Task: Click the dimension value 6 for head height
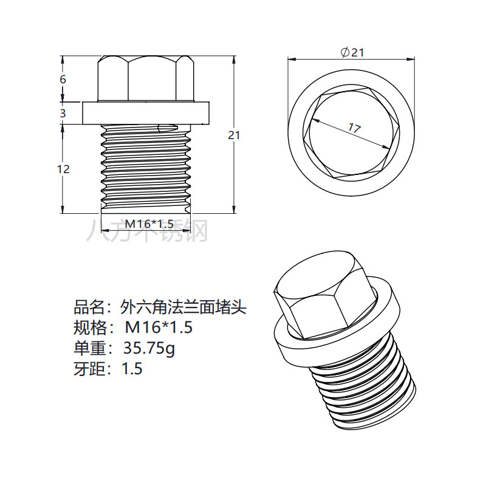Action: pos(63,80)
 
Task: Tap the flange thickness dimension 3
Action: pos(63,114)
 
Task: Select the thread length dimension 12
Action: pos(63,169)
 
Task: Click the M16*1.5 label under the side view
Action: pos(145,224)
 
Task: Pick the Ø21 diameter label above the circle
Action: pos(352,53)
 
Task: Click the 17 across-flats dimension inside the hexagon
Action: pos(354,128)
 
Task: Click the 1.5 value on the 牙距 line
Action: pos(132,369)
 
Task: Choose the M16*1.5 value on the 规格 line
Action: pos(159,328)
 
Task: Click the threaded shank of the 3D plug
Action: pos(371,389)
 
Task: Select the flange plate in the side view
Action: pos(146,113)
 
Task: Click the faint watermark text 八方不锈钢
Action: pos(147,231)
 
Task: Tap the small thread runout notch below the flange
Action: pos(164,128)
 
